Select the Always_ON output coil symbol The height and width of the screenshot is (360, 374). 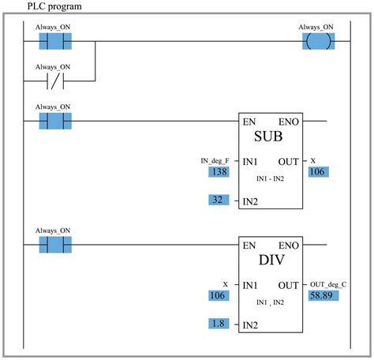(x=316, y=41)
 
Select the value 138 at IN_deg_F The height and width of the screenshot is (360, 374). (x=218, y=171)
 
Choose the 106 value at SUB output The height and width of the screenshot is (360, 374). (x=318, y=171)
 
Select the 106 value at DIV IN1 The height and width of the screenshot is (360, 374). (x=218, y=294)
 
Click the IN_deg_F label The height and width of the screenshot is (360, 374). (x=215, y=160)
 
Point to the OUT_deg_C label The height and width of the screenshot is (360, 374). (x=329, y=283)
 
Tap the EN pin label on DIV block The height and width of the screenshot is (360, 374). (x=249, y=245)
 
